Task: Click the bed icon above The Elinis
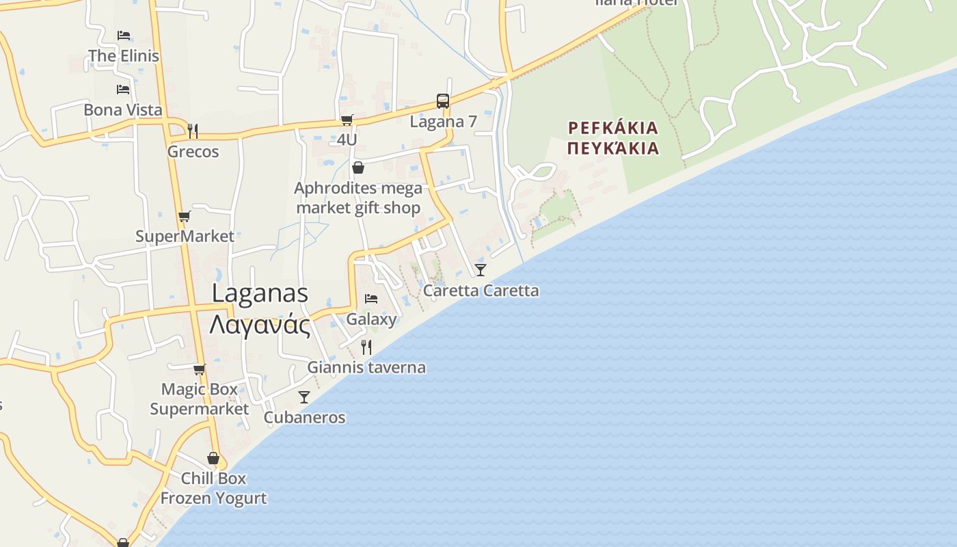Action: pos(123,35)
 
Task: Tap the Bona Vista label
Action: pos(123,109)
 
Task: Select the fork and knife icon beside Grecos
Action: pos(193,131)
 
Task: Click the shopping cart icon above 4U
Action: pos(347,120)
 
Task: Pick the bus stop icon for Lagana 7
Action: pos(443,101)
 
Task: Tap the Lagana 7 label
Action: pos(443,122)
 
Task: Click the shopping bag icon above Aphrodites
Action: pos(358,168)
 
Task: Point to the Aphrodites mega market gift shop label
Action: pos(358,198)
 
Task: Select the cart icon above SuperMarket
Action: pos(184,217)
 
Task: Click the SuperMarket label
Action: pos(185,237)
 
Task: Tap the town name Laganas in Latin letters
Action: pos(260,293)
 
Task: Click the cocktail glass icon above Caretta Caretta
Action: pos(481,269)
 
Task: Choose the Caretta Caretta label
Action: pos(481,291)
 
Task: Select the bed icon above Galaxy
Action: pos(371,298)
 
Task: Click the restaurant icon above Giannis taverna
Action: pos(366,347)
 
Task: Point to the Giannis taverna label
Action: pos(366,367)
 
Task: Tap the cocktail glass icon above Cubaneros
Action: pos(304,397)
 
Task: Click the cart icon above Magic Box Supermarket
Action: pos(199,370)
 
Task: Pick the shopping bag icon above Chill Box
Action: pos(213,458)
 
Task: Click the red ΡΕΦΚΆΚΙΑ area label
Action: pos(613,128)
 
